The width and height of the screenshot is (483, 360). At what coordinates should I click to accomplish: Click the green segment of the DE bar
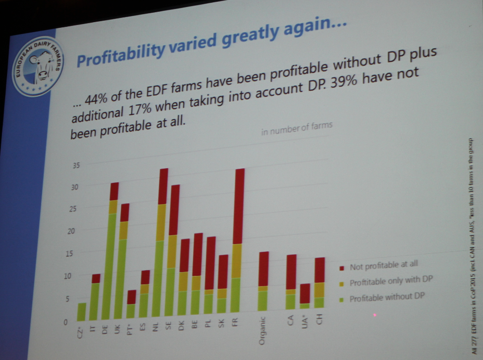click(x=112, y=265)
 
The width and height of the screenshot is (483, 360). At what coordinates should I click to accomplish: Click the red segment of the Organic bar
click(x=264, y=268)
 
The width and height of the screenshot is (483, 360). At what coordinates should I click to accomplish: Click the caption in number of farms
click(x=297, y=128)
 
